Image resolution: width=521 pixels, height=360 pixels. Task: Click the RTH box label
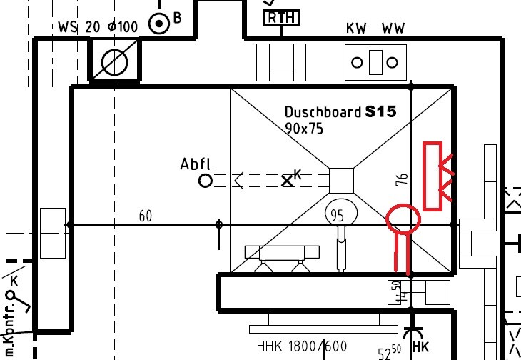pyautogui.click(x=281, y=17)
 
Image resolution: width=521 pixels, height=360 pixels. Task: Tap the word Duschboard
pyautogui.click(x=323, y=112)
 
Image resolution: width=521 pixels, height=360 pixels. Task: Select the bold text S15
pyautogui.click(x=380, y=111)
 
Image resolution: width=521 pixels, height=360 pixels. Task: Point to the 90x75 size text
pyautogui.click(x=304, y=129)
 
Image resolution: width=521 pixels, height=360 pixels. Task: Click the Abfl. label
pyautogui.click(x=197, y=165)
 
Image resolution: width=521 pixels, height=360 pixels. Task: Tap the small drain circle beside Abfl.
pyautogui.click(x=206, y=181)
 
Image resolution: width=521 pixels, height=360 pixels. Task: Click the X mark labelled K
pyautogui.click(x=288, y=181)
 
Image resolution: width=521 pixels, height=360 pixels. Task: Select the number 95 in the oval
pyautogui.click(x=337, y=214)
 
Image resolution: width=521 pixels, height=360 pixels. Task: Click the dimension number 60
pyautogui.click(x=146, y=216)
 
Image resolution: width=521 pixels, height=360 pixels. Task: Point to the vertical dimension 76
pyautogui.click(x=402, y=180)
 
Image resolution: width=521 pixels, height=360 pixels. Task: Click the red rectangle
pyautogui.click(x=433, y=176)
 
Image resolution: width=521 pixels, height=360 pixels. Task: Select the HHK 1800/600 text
pyautogui.click(x=302, y=347)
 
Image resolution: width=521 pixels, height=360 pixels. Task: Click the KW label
pyautogui.click(x=356, y=29)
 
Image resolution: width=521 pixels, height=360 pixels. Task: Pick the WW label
pyautogui.click(x=393, y=29)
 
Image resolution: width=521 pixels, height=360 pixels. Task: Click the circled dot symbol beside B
pyautogui.click(x=158, y=24)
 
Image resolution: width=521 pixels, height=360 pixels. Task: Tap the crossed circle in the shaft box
pyautogui.click(x=114, y=63)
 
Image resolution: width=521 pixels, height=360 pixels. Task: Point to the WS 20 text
pyautogui.click(x=79, y=28)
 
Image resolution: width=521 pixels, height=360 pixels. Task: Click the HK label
pyautogui.click(x=420, y=347)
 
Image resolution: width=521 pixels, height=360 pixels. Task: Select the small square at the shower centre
pyautogui.click(x=341, y=179)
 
